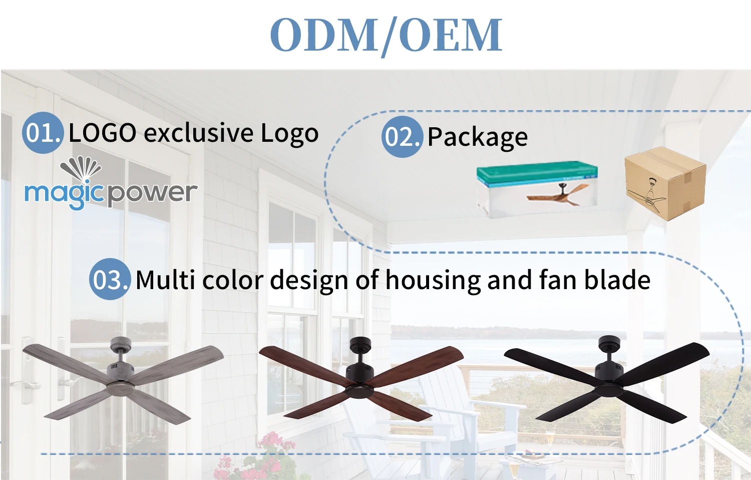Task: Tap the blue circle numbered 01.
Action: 43,132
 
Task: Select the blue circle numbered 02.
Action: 402,136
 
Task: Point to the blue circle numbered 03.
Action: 110,279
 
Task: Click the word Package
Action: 478,137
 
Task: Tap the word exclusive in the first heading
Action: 198,133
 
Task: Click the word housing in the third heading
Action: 433,281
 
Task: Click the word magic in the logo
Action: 64,194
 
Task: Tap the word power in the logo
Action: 152,194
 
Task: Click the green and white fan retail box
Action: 537,189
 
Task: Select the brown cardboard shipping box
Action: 665,183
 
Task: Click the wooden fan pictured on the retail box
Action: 558,194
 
